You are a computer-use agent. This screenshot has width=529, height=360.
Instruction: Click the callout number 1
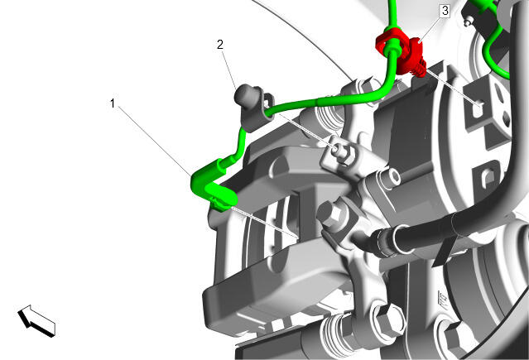(113, 103)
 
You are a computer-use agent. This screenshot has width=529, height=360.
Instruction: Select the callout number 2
(220, 44)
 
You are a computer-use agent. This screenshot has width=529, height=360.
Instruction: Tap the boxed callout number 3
(445, 11)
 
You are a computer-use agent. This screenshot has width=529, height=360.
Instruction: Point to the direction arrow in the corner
(36, 320)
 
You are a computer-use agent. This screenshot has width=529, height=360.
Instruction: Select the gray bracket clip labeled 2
(257, 108)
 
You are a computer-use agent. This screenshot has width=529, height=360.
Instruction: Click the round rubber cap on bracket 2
(243, 95)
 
